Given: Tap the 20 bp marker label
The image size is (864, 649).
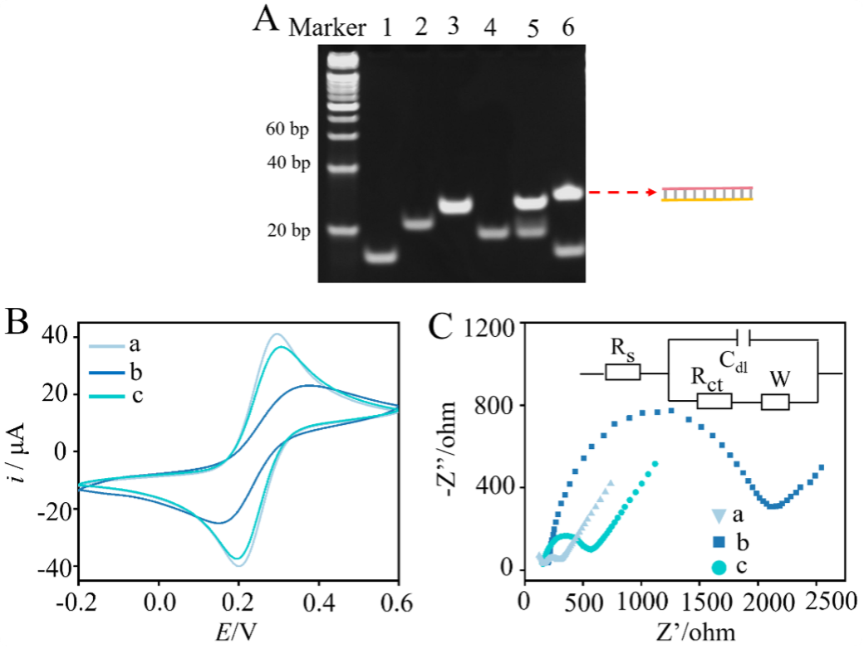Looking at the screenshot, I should pos(288,231).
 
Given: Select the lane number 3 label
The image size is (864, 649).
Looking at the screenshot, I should pos(452,27).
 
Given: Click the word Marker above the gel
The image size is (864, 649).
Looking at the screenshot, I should pos(326,27).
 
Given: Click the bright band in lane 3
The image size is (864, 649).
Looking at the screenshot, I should pos(453,204).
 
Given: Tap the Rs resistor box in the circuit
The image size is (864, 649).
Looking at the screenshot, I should pos(622,371).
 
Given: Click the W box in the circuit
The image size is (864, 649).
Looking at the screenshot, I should pos(776,403).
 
